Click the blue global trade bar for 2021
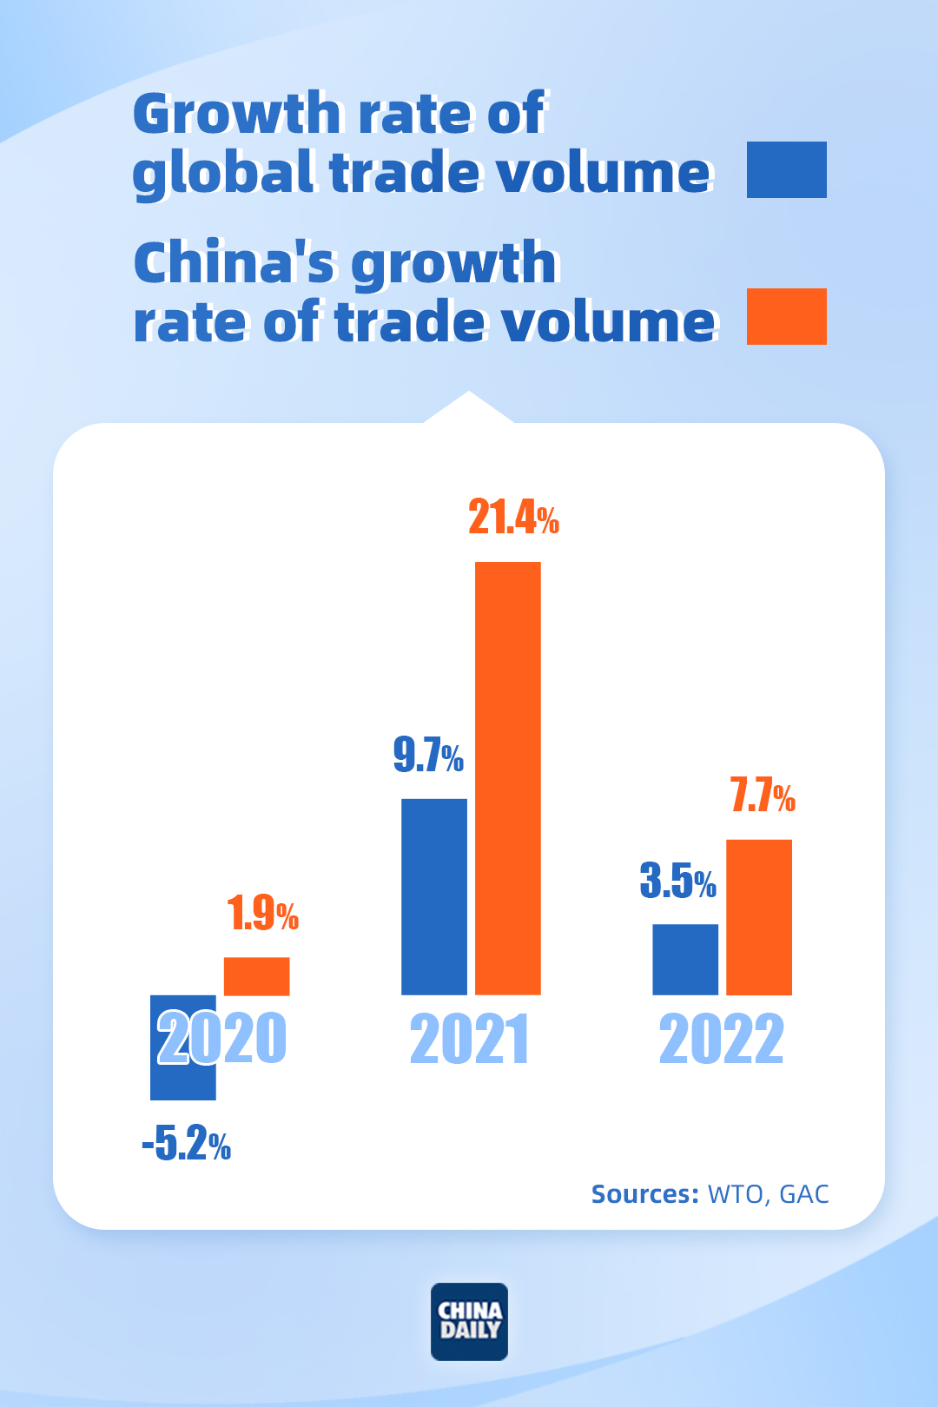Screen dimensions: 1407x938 [433, 896]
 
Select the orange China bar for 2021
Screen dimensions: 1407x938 [508, 777]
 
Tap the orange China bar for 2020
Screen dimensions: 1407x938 [256, 976]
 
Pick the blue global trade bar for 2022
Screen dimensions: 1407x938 [685, 959]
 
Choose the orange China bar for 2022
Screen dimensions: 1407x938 [759, 916]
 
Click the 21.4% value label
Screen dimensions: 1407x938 [513, 518]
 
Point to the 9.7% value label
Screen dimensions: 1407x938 [428, 755]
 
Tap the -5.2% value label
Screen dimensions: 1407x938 [187, 1144]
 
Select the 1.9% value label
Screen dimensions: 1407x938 [262, 914]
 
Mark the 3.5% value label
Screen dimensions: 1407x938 [677, 882]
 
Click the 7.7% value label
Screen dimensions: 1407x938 [763, 796]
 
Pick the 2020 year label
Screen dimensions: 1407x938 [221, 1039]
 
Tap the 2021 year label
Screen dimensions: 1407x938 [469, 1039]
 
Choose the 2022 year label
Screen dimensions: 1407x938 [721, 1039]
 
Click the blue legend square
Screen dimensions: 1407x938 [786, 169]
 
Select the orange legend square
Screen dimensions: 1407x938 [786, 316]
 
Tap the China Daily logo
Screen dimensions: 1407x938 [469, 1321]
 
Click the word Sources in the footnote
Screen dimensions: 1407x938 [644, 1194]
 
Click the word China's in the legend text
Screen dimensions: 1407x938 [234, 263]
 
